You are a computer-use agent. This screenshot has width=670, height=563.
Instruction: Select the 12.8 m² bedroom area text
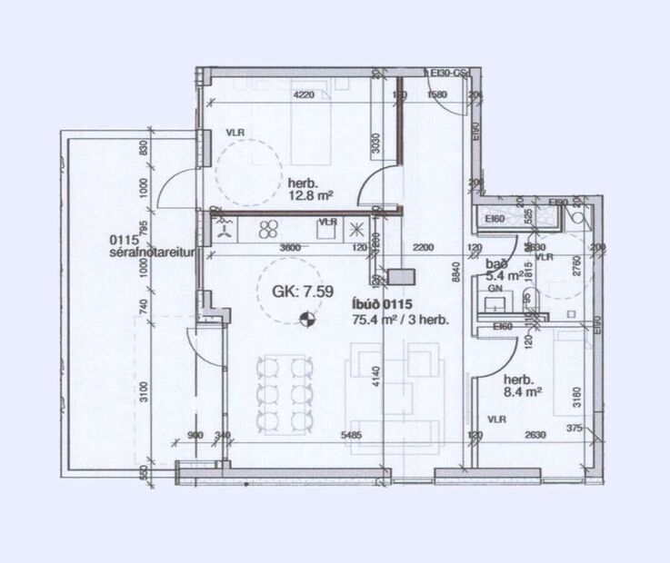[x=312, y=193]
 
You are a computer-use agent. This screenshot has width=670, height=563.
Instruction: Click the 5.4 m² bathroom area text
[x=505, y=275]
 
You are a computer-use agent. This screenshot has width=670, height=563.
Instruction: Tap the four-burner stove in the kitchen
[x=269, y=229]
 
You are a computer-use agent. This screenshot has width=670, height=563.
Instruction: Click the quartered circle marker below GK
[x=306, y=318]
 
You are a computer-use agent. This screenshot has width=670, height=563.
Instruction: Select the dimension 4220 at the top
[x=303, y=94]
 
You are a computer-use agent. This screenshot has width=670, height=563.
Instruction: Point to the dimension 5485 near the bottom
[x=351, y=435]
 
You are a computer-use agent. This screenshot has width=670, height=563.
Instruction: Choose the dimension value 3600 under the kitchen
[x=265, y=247]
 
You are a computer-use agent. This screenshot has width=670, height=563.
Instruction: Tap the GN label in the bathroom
[x=495, y=288]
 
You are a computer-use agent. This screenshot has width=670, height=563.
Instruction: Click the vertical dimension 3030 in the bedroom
[x=375, y=145]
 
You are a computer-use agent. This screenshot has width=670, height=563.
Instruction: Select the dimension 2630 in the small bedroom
[x=535, y=435]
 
